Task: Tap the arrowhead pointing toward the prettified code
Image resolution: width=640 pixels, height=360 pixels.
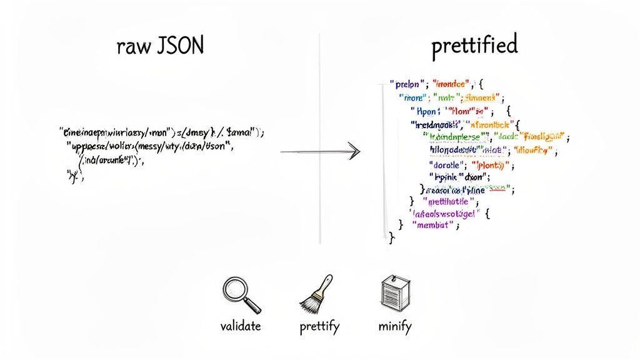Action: [x=354, y=151]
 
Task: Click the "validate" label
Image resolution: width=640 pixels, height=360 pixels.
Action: [x=240, y=326]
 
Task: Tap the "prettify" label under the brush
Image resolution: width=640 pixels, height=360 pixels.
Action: [x=319, y=327]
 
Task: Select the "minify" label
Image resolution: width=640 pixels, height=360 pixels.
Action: [x=395, y=326]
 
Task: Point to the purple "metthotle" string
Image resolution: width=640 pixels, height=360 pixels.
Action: [x=449, y=201]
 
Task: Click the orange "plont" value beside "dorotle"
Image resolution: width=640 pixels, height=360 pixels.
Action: [x=494, y=166]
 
